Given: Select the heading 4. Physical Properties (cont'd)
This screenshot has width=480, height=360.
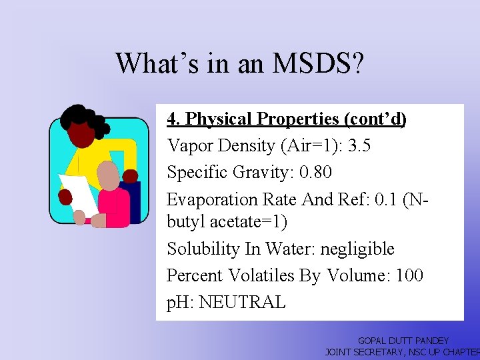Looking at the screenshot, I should pyautogui.click(x=287, y=119).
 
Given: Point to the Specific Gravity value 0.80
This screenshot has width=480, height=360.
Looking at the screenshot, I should pyautogui.click(x=315, y=172).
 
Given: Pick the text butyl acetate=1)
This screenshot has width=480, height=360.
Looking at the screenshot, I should pyautogui.click(x=227, y=222).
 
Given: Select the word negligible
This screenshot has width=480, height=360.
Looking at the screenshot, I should pyautogui.click(x=357, y=249).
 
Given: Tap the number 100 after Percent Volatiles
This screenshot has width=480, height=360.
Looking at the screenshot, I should pyautogui.click(x=409, y=275).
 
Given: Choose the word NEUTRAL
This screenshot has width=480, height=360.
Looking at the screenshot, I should pyautogui.click(x=242, y=302).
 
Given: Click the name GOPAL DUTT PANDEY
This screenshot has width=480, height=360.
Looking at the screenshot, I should pyautogui.click(x=403, y=341).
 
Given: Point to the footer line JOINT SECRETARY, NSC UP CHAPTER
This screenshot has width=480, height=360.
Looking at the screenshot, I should pyautogui.click(x=402, y=351).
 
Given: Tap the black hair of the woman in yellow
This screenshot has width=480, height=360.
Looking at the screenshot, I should pyautogui.click(x=79, y=119).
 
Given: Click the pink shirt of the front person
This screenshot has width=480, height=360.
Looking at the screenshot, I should pyautogui.click(x=113, y=207).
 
